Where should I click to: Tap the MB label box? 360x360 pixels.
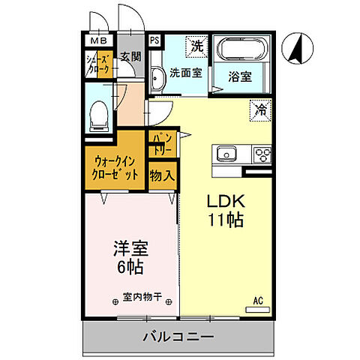coord(98,41)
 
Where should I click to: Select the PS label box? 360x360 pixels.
coord(154,41)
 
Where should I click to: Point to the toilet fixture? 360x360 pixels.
coord(97,112)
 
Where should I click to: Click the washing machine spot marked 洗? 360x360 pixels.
coord(195,44)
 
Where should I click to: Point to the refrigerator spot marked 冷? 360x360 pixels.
coord(260,109)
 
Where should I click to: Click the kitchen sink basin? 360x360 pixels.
coord(226,154)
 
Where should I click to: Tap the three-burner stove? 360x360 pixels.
coord(263,154)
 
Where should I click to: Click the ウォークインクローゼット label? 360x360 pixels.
coord(116,167)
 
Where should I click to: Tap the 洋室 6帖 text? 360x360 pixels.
coord(128,257)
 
